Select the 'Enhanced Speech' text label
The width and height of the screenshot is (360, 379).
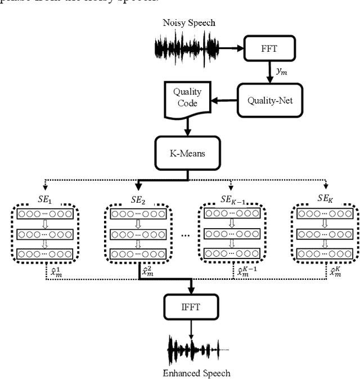(196, 373)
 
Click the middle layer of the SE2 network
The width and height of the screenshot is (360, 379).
(137, 234)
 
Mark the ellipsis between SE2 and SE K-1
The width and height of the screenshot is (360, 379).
(185, 235)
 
